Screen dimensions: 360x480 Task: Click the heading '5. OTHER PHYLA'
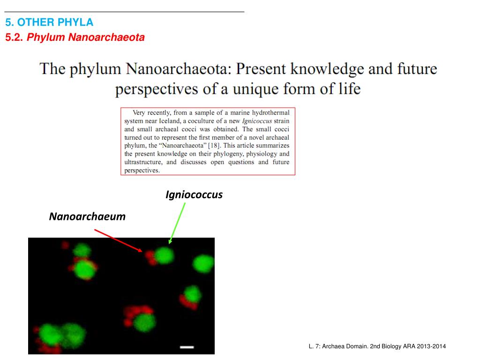click(49, 22)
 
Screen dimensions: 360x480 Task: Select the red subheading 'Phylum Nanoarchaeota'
click(86, 37)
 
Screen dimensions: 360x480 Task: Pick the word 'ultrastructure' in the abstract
click(143, 162)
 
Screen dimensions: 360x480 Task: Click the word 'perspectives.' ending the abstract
click(142, 170)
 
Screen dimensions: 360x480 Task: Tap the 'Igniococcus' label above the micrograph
click(194, 195)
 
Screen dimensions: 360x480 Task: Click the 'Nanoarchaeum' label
click(87, 217)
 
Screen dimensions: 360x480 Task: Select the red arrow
click(118, 240)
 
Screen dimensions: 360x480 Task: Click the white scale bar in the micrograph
click(187, 347)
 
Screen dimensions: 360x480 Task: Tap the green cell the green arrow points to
click(164, 255)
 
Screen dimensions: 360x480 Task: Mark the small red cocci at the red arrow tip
click(150, 255)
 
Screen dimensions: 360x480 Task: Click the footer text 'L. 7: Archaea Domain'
click(338, 346)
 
